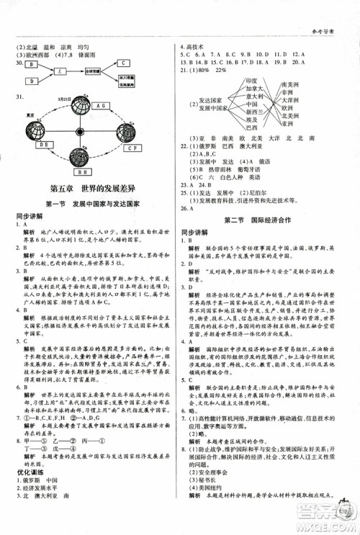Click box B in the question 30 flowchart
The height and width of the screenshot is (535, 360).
pyautogui.click(x=33, y=64)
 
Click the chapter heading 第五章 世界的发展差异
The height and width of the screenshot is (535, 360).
pyautogui.click(x=89, y=188)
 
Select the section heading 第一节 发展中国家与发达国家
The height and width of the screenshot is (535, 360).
pyautogui.click(x=89, y=204)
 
